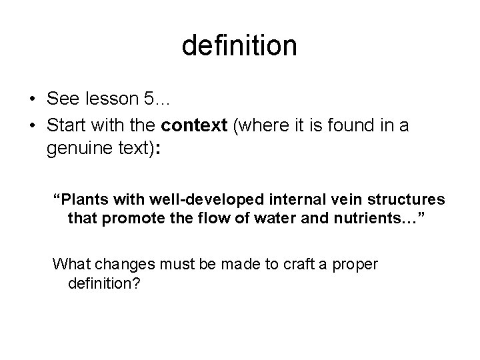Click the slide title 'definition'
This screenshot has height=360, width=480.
click(239, 45)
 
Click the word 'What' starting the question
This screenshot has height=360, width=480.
click(68, 264)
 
